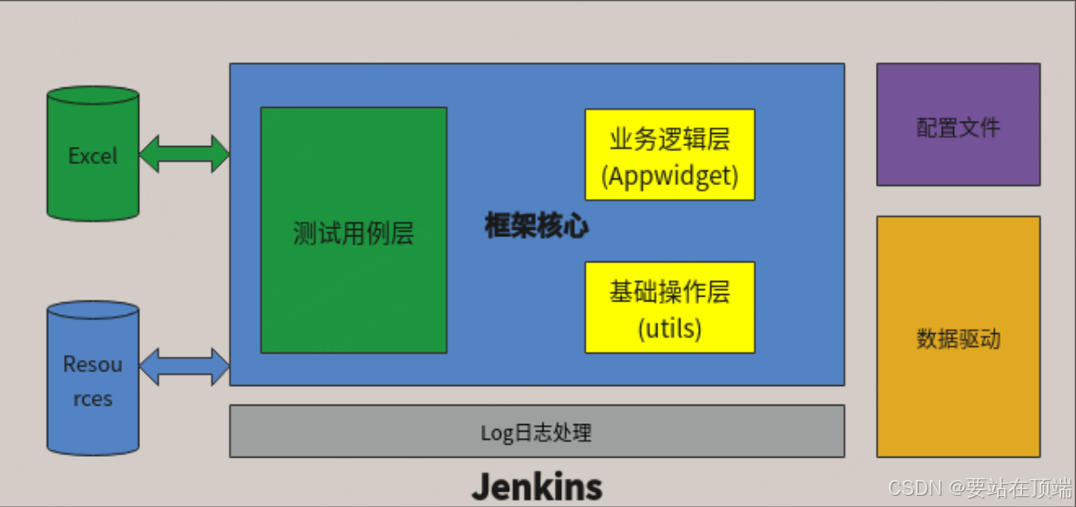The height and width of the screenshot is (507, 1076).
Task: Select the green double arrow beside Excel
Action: pos(184,153)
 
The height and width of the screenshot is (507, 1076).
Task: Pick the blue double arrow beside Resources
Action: pos(184,367)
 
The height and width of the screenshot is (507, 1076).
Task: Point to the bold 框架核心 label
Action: pos(536,226)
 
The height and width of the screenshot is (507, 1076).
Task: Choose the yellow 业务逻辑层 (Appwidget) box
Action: pos(669,154)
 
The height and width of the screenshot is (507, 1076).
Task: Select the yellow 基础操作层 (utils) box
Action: pos(669,307)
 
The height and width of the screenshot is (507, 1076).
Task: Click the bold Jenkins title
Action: pos(536,486)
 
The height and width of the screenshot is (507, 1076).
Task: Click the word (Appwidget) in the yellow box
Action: pos(669,175)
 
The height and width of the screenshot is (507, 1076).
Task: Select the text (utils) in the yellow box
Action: pos(669,327)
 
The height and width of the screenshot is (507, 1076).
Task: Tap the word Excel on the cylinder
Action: pos(93,155)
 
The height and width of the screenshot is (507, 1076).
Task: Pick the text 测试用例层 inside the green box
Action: pos(354,233)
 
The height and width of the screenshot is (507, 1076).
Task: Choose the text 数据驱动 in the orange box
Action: pos(958,339)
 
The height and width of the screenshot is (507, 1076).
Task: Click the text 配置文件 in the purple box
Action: pos(958,127)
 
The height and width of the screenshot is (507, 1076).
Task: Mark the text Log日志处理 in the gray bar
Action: pos(536,433)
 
